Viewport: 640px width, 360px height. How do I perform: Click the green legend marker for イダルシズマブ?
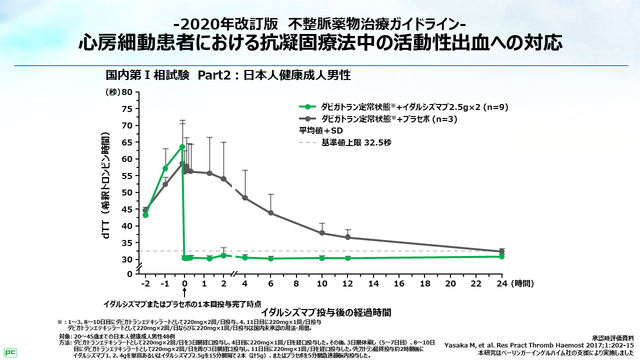[307, 106]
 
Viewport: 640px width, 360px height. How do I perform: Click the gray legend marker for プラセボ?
[307, 119]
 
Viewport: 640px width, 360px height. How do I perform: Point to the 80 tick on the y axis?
[127, 92]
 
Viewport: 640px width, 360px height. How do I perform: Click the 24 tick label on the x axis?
[501, 283]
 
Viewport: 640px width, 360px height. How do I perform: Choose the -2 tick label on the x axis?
[145, 283]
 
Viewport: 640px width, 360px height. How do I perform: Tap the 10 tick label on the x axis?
[322, 283]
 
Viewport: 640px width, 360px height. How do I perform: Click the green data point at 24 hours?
[501, 256]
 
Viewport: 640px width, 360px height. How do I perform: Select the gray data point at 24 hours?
[501, 251]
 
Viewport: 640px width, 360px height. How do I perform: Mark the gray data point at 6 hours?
[270, 213]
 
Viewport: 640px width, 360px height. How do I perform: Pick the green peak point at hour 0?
[182, 147]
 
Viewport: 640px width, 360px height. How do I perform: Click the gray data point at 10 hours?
[322, 233]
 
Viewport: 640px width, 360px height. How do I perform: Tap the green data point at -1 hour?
[165, 168]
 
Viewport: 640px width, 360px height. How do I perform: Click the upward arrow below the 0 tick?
[184, 294]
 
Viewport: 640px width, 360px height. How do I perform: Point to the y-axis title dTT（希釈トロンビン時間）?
[106, 185]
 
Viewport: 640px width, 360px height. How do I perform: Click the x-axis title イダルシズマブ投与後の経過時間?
[325, 312]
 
